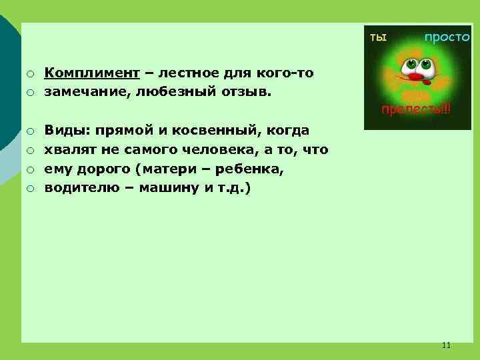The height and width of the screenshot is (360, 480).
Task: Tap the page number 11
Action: click(x=446, y=345)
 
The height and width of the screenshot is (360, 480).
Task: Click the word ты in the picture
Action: click(x=379, y=37)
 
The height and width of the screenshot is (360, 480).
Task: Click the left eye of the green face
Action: click(x=408, y=65)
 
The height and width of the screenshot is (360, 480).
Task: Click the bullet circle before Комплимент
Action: click(x=30, y=73)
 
